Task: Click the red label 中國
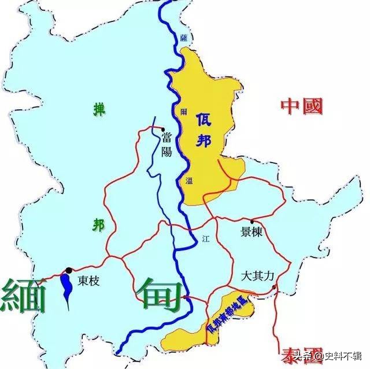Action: (301, 106)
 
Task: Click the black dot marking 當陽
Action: (164, 130)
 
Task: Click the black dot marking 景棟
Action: (252, 222)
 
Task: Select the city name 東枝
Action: (89, 282)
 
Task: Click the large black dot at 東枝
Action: (69, 270)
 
